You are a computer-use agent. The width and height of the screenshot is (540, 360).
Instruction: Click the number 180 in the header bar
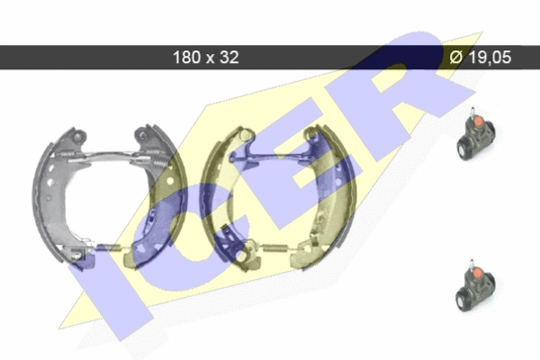point(186,58)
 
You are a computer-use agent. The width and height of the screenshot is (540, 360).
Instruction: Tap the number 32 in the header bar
point(229,58)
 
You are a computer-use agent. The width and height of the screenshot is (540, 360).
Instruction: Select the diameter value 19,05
point(490,58)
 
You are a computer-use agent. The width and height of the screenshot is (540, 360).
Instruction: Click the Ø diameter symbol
point(456,58)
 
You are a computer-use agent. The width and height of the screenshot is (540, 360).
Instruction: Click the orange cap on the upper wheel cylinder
point(479,121)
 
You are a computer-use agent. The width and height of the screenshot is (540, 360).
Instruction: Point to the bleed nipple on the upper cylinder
point(472,112)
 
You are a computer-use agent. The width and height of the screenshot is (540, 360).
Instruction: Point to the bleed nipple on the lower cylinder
point(472,264)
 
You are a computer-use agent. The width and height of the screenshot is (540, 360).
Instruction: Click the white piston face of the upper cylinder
point(463,148)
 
